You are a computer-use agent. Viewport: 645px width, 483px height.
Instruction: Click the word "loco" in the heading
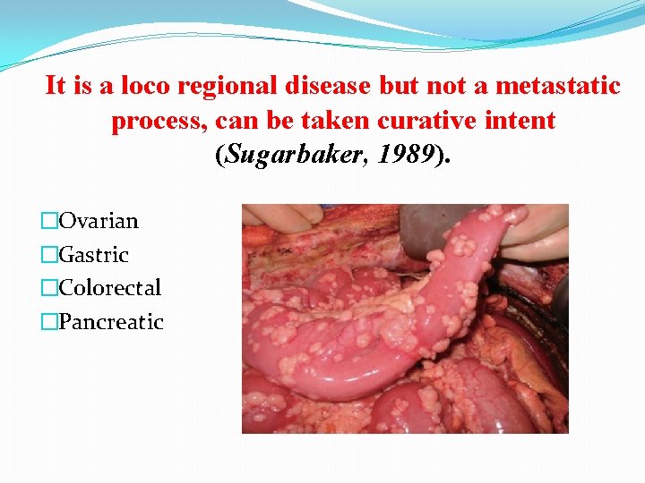[145, 86]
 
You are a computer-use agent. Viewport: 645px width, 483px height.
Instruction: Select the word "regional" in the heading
[227, 86]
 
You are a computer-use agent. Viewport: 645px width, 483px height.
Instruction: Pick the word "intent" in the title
[517, 121]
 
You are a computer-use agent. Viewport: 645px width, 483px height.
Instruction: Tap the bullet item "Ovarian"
[99, 221]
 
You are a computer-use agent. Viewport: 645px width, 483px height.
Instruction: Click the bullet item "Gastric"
[94, 255]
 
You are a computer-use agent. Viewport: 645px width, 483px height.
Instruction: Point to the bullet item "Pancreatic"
[111, 322]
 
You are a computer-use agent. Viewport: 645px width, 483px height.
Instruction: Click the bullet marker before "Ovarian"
[51, 221]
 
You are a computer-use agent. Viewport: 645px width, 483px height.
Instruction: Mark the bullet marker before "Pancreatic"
[51, 322]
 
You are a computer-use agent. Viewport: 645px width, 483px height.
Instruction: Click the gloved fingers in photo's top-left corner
[278, 216]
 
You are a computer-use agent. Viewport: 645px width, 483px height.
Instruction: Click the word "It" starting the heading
[56, 86]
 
